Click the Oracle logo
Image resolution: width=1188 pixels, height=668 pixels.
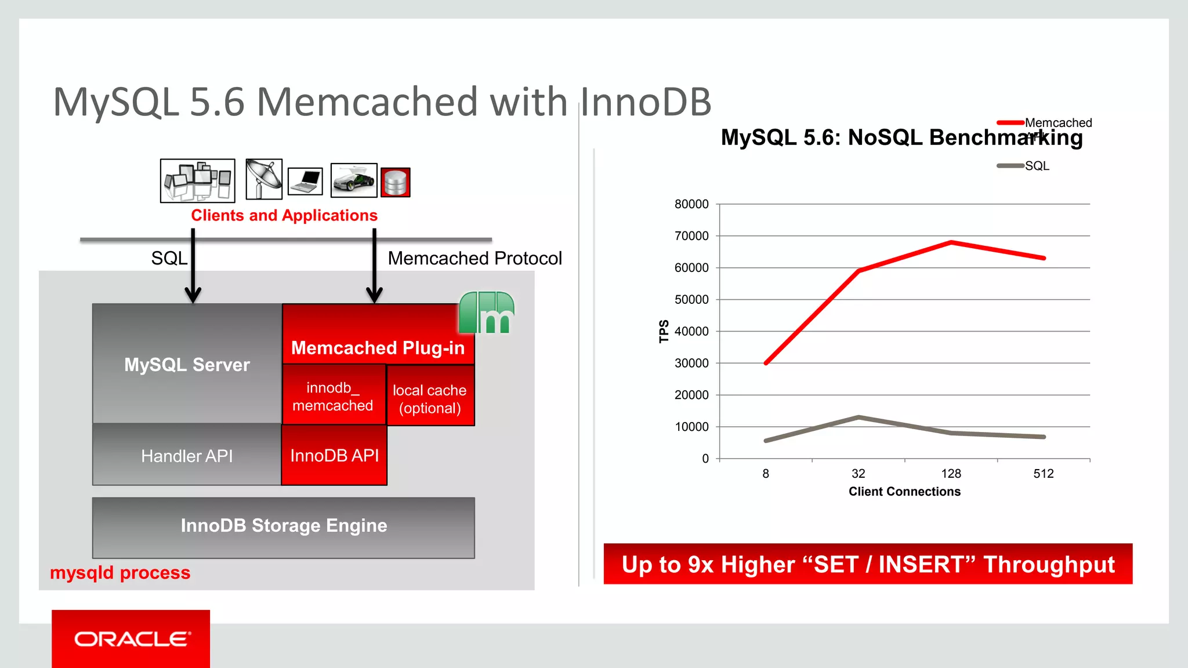point(131,638)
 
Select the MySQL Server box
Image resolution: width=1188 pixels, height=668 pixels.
point(187,364)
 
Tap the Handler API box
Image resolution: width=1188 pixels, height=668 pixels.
point(187,456)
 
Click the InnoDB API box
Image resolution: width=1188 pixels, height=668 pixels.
point(334,456)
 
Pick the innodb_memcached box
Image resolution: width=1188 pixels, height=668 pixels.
point(333,396)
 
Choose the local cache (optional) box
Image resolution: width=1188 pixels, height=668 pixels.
point(430,399)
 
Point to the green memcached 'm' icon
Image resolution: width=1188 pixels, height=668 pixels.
point(487,313)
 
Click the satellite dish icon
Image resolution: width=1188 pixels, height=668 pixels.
point(264,179)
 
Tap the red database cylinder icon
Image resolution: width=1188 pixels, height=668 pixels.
point(396,183)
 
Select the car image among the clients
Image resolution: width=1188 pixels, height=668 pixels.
point(354,180)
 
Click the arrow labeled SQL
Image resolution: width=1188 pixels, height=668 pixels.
point(193,267)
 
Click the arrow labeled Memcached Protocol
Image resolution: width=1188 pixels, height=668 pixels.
point(375,267)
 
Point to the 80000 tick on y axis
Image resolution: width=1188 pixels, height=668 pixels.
point(691,204)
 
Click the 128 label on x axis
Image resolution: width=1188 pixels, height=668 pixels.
point(951,474)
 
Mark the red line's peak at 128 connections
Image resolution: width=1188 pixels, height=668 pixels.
point(951,242)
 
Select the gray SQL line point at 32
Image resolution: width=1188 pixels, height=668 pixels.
point(859,417)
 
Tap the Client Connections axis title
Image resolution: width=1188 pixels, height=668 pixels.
point(904,492)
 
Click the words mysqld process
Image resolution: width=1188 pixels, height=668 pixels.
point(120,573)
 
